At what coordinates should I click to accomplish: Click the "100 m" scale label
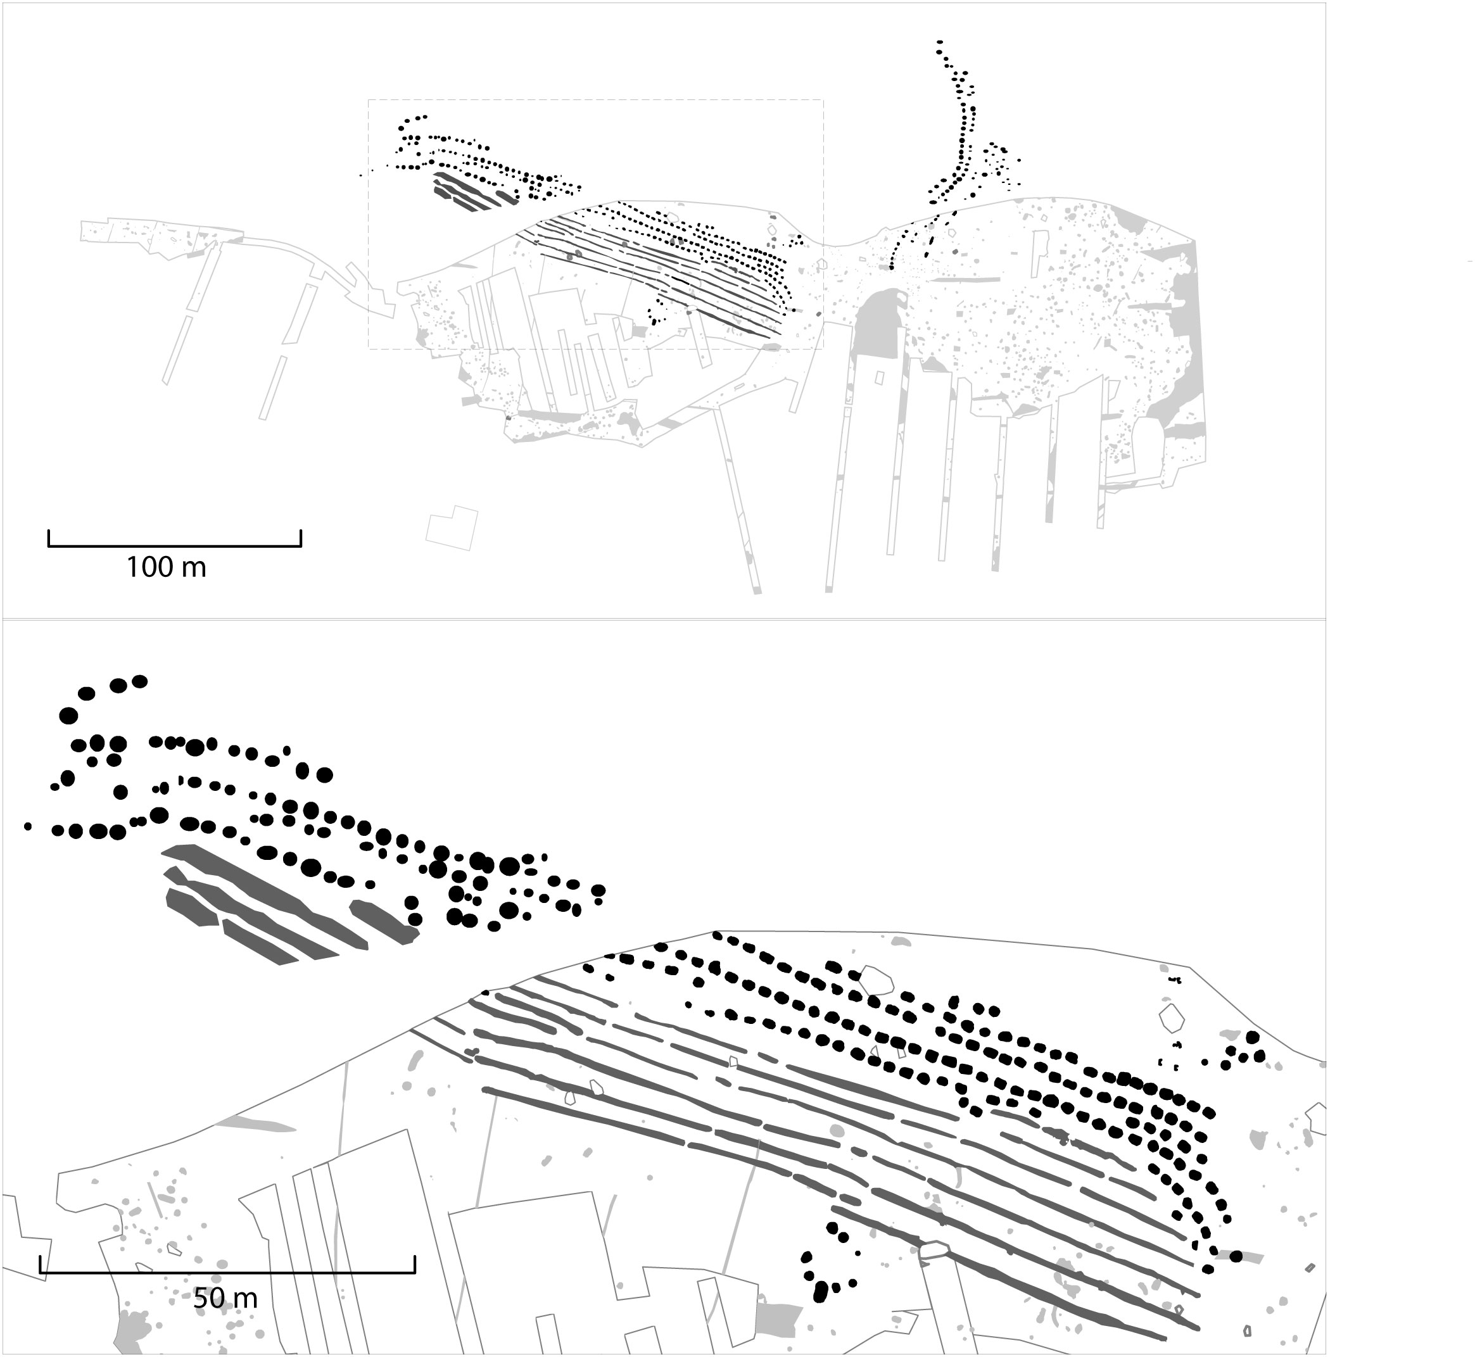tap(166, 567)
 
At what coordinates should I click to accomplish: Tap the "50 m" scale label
tap(225, 1298)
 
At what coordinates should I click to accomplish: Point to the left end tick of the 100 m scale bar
tap(49, 538)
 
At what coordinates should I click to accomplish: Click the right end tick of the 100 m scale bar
tap(300, 538)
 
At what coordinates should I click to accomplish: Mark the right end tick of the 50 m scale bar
tap(414, 1264)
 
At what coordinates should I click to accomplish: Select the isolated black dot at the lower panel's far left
tap(28, 826)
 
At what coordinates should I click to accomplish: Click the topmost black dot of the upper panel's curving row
tap(939, 42)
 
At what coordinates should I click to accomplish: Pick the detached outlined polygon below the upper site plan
tap(452, 527)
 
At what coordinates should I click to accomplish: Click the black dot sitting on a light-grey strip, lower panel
tap(1236, 1256)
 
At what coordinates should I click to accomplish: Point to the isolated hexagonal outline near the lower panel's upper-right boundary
tap(1172, 1018)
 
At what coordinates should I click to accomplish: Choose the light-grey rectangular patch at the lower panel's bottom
tap(778, 1318)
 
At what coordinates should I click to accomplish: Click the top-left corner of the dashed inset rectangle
tap(368, 100)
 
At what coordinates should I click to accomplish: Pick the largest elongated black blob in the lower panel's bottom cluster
tap(821, 1311)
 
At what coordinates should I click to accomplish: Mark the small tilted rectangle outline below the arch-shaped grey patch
tap(879, 377)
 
